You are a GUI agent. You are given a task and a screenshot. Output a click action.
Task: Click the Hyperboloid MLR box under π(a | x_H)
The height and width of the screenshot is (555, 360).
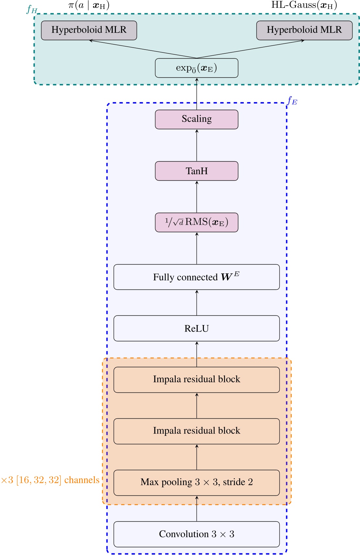(x=89, y=30)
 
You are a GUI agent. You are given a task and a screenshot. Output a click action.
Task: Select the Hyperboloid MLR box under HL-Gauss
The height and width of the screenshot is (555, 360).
(x=304, y=30)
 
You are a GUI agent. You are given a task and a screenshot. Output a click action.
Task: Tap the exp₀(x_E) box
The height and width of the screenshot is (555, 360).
(x=197, y=68)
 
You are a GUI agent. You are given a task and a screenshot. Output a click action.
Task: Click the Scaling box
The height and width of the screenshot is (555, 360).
(x=197, y=119)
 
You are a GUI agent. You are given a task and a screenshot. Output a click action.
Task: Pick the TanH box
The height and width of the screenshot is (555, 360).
(x=197, y=171)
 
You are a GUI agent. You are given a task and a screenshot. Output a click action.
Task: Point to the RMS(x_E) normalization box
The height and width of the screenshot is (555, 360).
(x=197, y=222)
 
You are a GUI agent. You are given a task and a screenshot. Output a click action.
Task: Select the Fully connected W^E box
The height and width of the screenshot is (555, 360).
(x=197, y=277)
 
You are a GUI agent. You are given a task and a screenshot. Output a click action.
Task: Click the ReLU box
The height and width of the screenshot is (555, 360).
(x=197, y=328)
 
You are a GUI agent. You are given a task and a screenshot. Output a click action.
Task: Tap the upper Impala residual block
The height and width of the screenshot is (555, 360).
(x=197, y=379)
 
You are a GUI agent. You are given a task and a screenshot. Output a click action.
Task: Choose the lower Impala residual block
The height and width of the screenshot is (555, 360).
(x=197, y=431)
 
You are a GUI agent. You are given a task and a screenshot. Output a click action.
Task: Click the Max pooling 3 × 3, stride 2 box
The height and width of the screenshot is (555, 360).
(x=197, y=482)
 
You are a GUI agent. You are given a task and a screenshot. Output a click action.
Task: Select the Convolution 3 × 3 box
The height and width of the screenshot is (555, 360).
(x=197, y=534)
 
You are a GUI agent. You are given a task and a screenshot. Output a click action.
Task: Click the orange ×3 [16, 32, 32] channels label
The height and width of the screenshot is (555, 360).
(x=50, y=480)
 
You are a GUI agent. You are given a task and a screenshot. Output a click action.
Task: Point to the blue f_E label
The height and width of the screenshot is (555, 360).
(x=292, y=101)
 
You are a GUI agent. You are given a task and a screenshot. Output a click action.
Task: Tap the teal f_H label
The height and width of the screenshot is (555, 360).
(x=32, y=9)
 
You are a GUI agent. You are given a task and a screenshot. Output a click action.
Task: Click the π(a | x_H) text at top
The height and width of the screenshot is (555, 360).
(x=89, y=6)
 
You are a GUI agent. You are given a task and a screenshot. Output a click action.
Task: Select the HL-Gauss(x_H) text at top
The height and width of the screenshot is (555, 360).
(x=304, y=5)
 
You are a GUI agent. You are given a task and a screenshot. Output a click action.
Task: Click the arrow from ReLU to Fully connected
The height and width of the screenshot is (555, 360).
(x=197, y=302)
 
